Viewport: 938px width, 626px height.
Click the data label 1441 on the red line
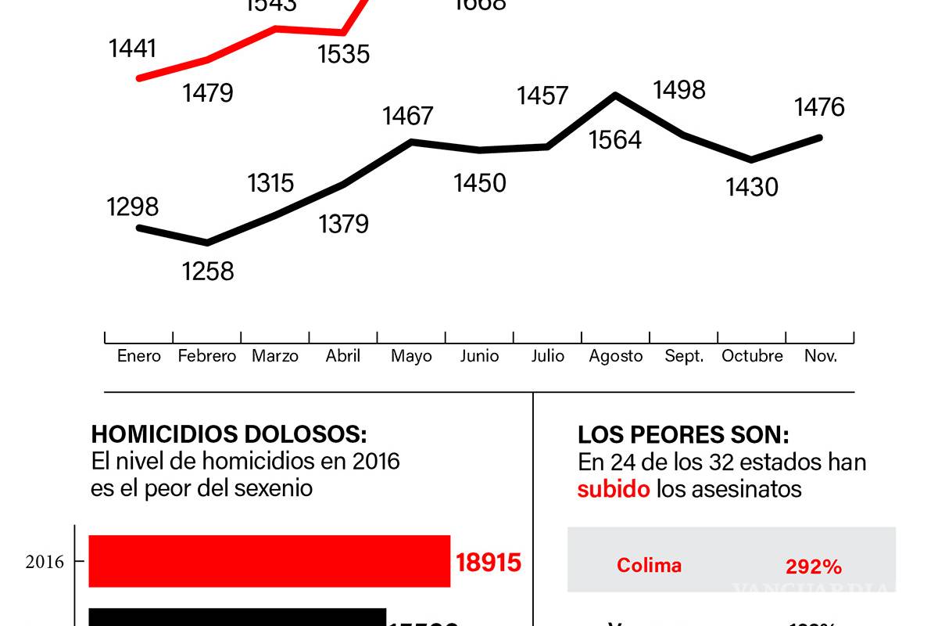click(133, 49)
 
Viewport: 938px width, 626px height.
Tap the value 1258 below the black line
click(208, 271)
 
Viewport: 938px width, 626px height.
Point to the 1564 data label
click(615, 139)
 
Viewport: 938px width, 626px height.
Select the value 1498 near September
click(679, 90)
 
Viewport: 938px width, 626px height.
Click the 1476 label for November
click(819, 106)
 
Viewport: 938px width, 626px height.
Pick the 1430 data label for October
click(752, 187)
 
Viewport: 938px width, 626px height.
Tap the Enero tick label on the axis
click(139, 356)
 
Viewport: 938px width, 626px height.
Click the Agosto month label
click(616, 356)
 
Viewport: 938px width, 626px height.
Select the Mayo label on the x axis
click(411, 356)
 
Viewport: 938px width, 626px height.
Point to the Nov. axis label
click(821, 356)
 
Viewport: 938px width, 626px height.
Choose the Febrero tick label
click(206, 356)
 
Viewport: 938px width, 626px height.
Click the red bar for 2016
click(269, 561)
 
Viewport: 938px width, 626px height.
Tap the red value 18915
click(488, 562)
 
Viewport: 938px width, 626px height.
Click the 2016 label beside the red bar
click(45, 562)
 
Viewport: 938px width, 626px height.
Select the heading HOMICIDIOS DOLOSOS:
click(228, 435)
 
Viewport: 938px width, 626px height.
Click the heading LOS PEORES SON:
click(683, 435)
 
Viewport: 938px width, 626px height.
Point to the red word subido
click(614, 489)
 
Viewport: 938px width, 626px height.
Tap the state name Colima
click(649, 565)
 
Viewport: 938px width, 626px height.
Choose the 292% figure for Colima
click(813, 567)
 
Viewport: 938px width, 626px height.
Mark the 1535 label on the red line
click(343, 54)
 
